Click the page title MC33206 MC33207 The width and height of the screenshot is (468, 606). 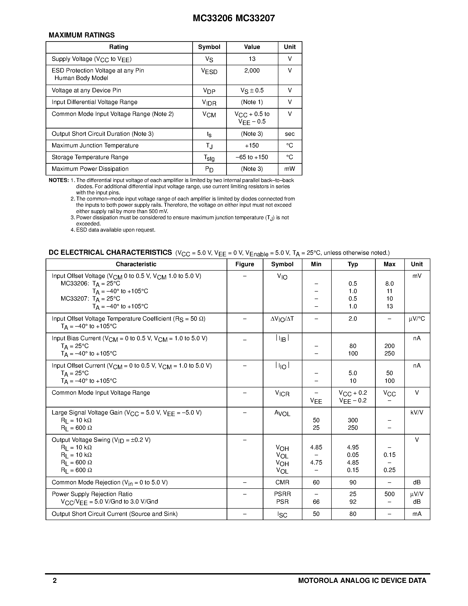[234, 18]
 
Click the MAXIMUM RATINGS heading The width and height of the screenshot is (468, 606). [81, 35]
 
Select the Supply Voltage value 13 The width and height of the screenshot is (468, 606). [252, 59]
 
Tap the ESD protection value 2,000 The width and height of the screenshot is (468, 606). [252, 71]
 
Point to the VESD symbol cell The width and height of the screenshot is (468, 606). [209, 72]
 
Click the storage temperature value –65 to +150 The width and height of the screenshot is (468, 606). [252, 157]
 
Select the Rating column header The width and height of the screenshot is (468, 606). [119, 47]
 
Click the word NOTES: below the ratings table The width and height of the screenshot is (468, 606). [59, 180]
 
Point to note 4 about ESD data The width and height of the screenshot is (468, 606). [113, 230]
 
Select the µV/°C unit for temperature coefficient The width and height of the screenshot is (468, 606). [417, 319]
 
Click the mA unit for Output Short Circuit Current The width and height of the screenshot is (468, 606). [417, 514]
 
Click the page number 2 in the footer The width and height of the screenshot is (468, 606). [55, 580]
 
